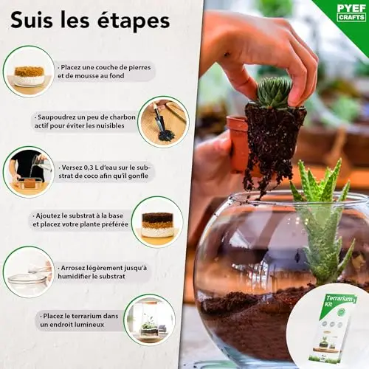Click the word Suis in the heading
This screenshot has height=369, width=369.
(32, 20)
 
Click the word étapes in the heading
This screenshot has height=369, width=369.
(134, 21)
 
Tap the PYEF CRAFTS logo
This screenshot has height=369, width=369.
(351, 13)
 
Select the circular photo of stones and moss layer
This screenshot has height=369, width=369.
(29, 72)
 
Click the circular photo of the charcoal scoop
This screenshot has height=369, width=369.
(163, 122)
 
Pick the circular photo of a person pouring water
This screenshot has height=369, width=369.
(29, 172)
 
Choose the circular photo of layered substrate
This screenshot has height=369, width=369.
(157, 222)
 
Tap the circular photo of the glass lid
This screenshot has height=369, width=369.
(29, 272)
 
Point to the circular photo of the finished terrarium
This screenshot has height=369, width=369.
(150, 320)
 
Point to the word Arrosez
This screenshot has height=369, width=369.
(73, 268)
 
